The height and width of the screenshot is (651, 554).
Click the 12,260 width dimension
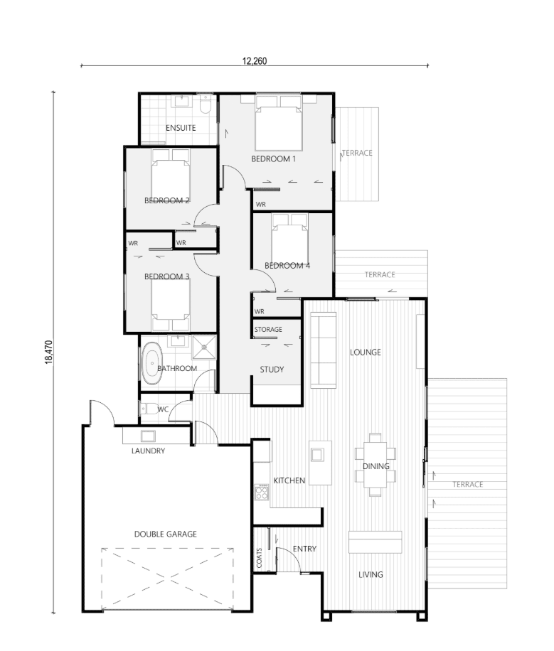[255, 61]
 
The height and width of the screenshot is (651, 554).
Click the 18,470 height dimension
[49, 352]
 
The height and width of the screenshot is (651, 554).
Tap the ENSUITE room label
[181, 128]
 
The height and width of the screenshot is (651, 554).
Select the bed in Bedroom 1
[279, 122]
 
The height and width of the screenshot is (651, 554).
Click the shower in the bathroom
[203, 347]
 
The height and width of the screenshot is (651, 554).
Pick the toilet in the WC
[149, 409]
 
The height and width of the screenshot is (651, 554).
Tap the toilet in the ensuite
[206, 104]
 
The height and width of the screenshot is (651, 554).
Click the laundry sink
[148, 436]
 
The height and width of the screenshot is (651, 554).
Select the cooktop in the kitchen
[262, 493]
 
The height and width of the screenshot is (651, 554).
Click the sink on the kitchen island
[317, 455]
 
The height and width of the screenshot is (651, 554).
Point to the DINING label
[376, 466]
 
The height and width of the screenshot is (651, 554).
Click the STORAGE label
[268, 329]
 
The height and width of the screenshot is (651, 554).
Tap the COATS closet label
[260, 558]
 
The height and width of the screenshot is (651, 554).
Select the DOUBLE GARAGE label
[166, 534]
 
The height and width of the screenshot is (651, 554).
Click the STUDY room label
[272, 370]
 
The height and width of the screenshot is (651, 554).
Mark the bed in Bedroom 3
[171, 305]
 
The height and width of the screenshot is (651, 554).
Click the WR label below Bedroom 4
[260, 311]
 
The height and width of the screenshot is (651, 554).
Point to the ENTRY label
[304, 549]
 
